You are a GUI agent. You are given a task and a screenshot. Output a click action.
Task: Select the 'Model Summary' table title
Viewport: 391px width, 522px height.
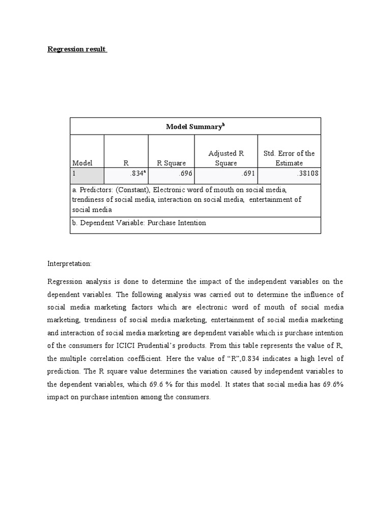click(x=195, y=126)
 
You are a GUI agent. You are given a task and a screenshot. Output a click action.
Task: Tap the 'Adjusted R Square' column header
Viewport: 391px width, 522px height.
click(x=226, y=158)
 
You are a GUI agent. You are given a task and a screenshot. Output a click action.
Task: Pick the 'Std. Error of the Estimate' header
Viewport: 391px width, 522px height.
click(x=289, y=158)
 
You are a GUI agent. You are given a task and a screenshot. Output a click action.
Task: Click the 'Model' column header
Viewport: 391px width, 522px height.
click(x=82, y=163)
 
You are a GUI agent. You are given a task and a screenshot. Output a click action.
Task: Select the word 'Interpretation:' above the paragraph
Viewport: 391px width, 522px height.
click(x=69, y=264)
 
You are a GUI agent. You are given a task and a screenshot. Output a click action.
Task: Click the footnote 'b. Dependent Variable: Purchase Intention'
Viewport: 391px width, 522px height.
click(x=139, y=223)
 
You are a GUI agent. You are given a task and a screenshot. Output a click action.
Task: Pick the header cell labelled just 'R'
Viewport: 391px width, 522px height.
click(x=126, y=163)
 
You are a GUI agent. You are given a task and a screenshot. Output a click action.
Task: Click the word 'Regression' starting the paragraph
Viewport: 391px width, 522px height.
click(x=64, y=281)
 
